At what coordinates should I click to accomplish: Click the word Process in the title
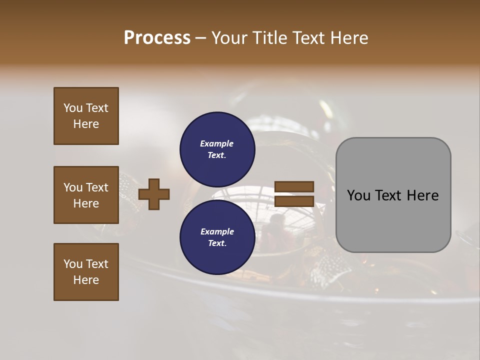tap(157, 38)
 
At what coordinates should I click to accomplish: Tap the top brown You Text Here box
tap(86, 116)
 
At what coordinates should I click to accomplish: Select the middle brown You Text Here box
tap(86, 195)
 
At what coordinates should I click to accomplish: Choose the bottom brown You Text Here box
tap(86, 272)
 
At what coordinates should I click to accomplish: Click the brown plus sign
tap(154, 193)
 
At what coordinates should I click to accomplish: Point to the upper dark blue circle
tap(217, 149)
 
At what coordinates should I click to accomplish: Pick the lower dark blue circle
tap(217, 237)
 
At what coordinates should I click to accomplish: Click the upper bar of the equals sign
tap(294, 187)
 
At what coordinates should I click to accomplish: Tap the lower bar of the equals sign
tap(294, 201)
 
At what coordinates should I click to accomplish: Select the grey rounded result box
tap(393, 195)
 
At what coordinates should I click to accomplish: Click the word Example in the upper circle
tap(217, 143)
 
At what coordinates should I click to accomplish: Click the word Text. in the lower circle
tap(217, 243)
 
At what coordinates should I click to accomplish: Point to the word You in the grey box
tap(358, 195)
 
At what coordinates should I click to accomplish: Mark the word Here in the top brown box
tap(86, 124)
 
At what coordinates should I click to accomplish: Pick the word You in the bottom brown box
tap(73, 264)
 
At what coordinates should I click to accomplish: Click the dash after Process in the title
tap(200, 38)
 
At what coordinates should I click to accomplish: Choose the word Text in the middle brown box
tap(97, 187)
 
